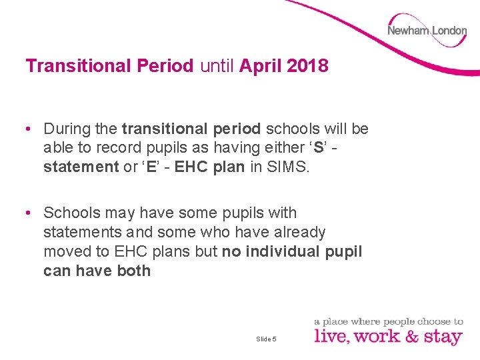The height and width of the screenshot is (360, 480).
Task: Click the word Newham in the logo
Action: click(408, 31)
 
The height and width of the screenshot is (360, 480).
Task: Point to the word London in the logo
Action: click(449, 31)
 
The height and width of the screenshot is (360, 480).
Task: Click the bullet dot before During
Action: click(31, 128)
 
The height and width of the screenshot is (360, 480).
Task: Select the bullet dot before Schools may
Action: click(31, 213)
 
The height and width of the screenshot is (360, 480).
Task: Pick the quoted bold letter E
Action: click(150, 167)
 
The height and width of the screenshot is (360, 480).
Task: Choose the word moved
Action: click(66, 251)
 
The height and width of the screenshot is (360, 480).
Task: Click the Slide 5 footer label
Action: click(266, 339)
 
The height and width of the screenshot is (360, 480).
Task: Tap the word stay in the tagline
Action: click(443, 337)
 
